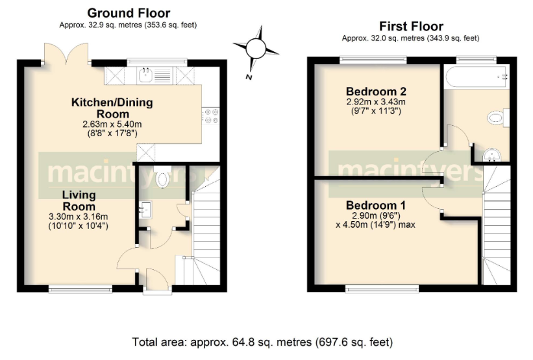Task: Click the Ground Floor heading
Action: click(129, 13)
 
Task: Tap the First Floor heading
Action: click(411, 27)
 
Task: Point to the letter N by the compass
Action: click(249, 77)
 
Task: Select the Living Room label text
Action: click(79, 200)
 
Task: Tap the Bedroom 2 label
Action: click(372, 90)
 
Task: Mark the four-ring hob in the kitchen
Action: click(211, 115)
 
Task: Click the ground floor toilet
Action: click(162, 178)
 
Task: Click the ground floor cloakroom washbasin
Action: click(145, 209)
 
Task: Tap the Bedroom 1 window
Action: click(382, 287)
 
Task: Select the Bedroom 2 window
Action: click(373, 60)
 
